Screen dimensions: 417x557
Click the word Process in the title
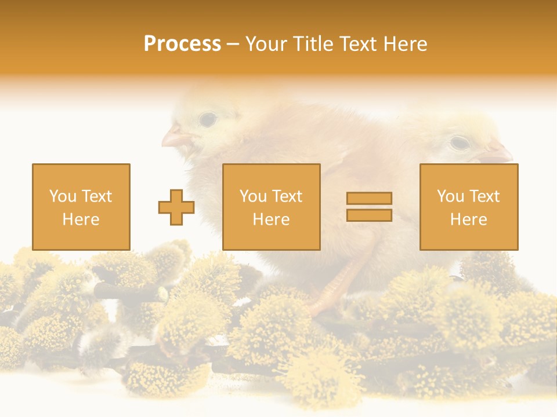pyautogui.click(x=182, y=44)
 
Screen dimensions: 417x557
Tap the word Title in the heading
pyautogui.click(x=313, y=44)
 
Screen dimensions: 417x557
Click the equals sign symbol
pyautogui.click(x=369, y=207)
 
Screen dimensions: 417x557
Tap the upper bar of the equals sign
pyautogui.click(x=369, y=198)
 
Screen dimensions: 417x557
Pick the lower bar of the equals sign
pyautogui.click(x=369, y=215)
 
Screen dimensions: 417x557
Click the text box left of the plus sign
pyautogui.click(x=81, y=207)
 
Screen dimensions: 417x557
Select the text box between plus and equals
pyautogui.click(x=271, y=207)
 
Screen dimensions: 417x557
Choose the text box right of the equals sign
pyautogui.click(x=468, y=207)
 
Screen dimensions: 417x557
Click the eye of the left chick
pyautogui.click(x=208, y=120)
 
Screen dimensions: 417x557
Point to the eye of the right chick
pyautogui.click(x=460, y=142)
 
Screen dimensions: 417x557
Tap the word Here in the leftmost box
pyautogui.click(x=81, y=220)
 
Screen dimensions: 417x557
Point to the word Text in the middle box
pyautogui.click(x=287, y=196)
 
